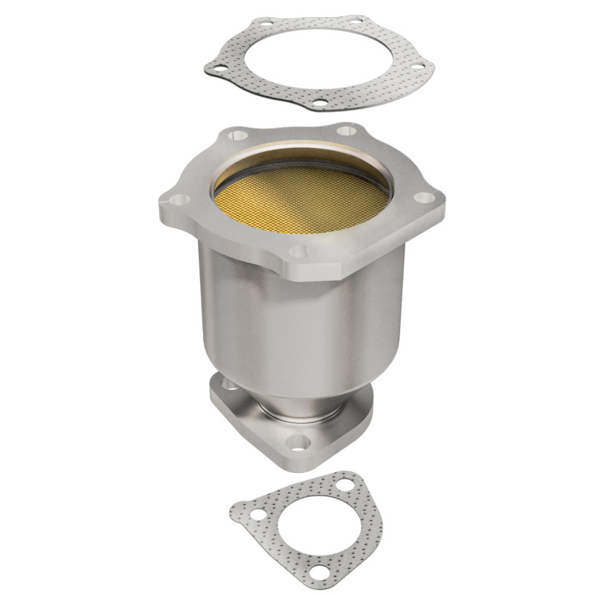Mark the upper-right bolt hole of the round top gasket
click(357, 20)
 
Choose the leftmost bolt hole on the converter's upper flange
click(177, 199)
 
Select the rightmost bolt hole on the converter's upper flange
click(423, 198)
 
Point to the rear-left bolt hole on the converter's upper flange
click(237, 135)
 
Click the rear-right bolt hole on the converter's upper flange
click(347, 132)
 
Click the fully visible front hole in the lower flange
click(297, 443)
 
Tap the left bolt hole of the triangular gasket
click(257, 514)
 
